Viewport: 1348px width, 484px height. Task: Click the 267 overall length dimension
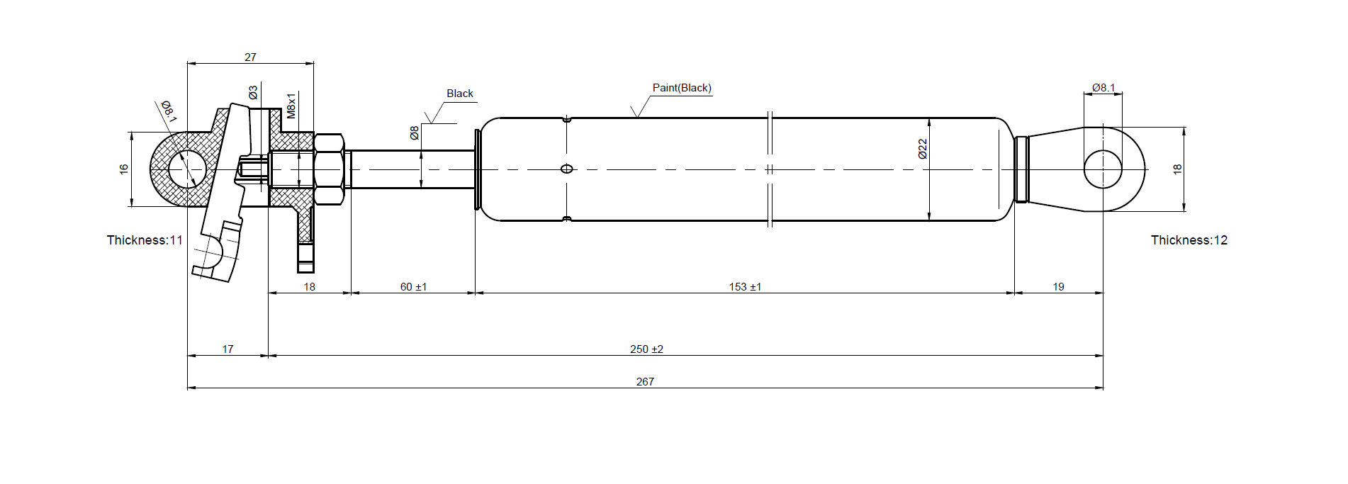pos(645,381)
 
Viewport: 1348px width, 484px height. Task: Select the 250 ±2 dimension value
pos(646,349)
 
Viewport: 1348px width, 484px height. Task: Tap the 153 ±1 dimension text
pos(745,286)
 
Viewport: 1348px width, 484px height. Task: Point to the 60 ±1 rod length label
pos(413,286)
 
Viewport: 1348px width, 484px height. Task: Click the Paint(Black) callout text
pos(682,88)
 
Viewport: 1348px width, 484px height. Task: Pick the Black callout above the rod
pos(460,94)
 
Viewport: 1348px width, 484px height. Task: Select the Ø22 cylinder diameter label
pos(922,149)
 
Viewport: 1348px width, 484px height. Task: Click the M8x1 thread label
pos(291,105)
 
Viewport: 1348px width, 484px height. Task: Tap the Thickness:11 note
pos(145,240)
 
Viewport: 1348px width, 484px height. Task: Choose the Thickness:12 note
pos(1189,240)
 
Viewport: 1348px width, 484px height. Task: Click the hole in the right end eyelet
pos(1103,169)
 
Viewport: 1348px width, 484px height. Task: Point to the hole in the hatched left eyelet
pos(187,169)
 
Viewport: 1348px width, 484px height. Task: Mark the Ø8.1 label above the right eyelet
pos(1103,88)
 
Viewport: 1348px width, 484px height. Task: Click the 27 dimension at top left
pos(250,57)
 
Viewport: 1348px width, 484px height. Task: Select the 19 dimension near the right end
pos(1058,286)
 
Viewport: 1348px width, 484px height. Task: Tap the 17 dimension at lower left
pos(228,349)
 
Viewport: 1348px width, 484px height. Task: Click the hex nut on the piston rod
pos(329,169)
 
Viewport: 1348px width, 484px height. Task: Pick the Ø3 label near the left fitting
pos(253,93)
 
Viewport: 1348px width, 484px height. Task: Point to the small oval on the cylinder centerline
pos(566,169)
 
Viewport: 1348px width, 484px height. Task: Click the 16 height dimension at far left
pos(124,169)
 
